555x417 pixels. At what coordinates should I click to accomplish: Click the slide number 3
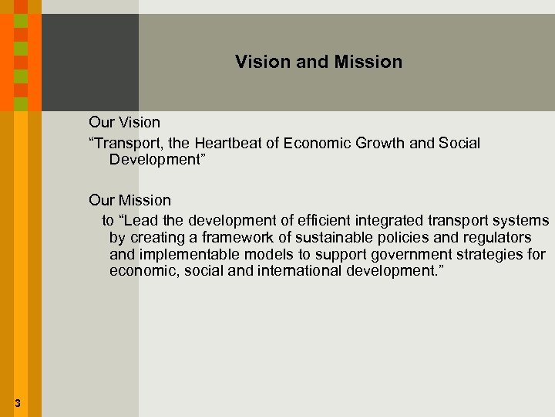coord(17,402)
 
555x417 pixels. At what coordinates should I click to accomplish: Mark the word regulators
coord(498,238)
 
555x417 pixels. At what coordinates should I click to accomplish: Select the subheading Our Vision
coord(125,122)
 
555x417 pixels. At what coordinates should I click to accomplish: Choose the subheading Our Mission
coord(129,201)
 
